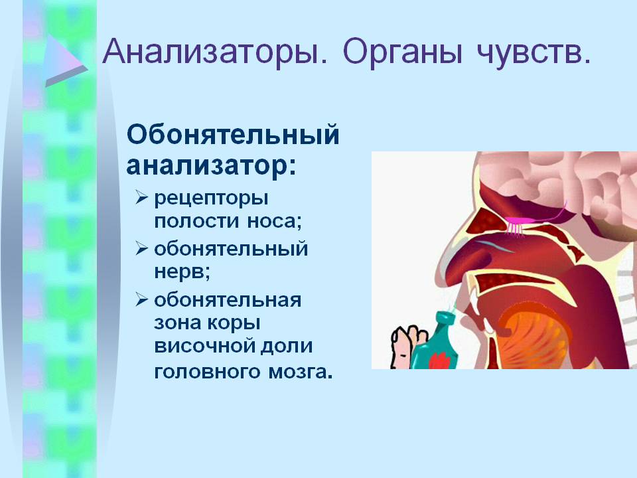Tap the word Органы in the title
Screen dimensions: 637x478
point(402,52)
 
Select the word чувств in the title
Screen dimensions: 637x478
point(533,52)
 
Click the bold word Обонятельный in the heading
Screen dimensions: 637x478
point(233,135)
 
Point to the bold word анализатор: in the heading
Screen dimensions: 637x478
point(211,166)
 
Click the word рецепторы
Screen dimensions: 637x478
point(211,199)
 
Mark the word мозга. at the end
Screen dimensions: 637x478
point(300,372)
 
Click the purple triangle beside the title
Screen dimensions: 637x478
point(65,60)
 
